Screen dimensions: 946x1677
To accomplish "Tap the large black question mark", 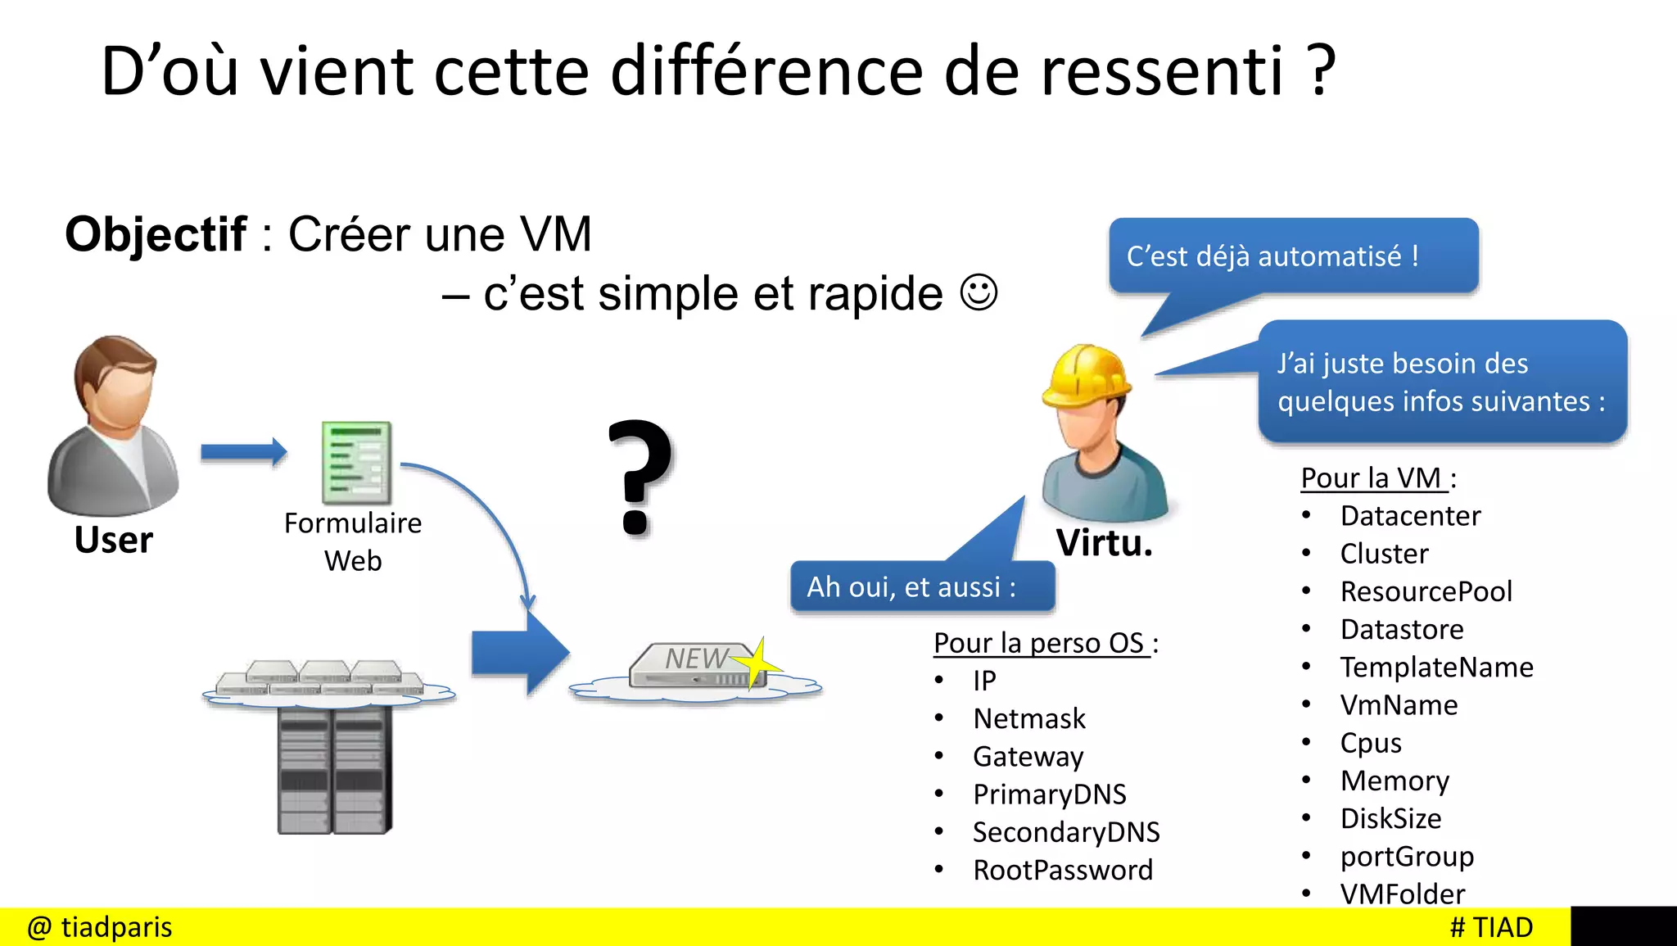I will pos(640,477).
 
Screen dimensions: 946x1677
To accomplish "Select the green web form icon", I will pos(356,462).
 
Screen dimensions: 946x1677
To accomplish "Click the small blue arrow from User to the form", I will pos(244,451).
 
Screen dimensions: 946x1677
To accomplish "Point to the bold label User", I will pos(114,540).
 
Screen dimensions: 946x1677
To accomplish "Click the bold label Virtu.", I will pos(1104,543).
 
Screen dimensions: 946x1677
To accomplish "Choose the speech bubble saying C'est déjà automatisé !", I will pos(1293,256).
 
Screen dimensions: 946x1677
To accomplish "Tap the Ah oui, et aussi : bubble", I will pos(922,586).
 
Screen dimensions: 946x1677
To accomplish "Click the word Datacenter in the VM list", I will pos(1410,516).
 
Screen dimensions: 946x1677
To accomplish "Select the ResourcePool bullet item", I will pos(1426,591).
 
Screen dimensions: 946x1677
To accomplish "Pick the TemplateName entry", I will pos(1436,667).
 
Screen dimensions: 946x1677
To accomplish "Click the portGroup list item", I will pos(1407,856).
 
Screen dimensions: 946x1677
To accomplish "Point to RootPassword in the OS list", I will pos(1063,870).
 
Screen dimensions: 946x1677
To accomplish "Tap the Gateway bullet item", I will pos(1028,756).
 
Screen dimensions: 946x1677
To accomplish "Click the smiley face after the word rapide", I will pos(979,292).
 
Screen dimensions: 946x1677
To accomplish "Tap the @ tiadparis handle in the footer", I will pos(100,927).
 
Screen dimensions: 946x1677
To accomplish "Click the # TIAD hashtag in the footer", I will pos(1491,927).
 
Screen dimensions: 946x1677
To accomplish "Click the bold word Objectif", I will pos(156,235).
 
